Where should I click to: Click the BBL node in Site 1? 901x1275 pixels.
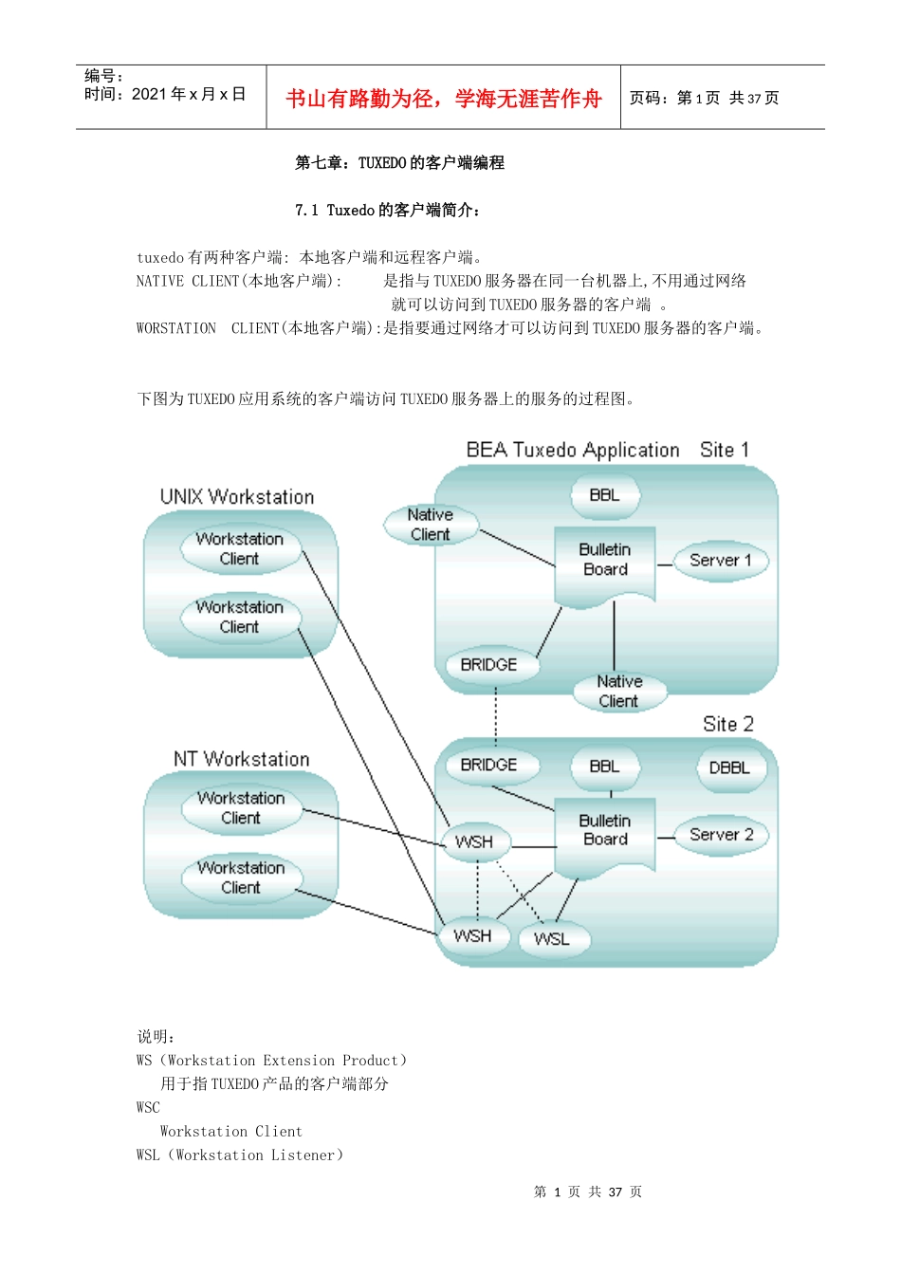pos(604,495)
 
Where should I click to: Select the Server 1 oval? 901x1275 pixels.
pos(721,561)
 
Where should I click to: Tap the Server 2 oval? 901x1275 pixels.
pos(721,835)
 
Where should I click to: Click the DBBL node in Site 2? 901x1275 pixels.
pos(729,767)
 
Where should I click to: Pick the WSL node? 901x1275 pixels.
pos(552,939)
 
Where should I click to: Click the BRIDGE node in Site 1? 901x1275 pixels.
pos(489,665)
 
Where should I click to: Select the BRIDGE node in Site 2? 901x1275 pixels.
pos(489,765)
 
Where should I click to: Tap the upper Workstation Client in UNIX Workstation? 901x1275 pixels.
pos(240,548)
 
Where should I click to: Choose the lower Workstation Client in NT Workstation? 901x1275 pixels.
pos(241,878)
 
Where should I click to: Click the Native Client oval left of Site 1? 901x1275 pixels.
pos(431,525)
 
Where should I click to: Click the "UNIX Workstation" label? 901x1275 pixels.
pos(237,497)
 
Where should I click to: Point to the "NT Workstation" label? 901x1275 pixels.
pos(242,759)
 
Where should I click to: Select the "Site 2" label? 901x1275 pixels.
pos(728,724)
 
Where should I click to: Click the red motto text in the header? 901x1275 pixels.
pos(444,99)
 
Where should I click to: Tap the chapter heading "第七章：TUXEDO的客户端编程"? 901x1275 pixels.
pos(399,163)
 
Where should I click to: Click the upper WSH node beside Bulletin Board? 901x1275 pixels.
pos(474,841)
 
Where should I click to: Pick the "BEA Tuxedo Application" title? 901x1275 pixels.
pos(573,450)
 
